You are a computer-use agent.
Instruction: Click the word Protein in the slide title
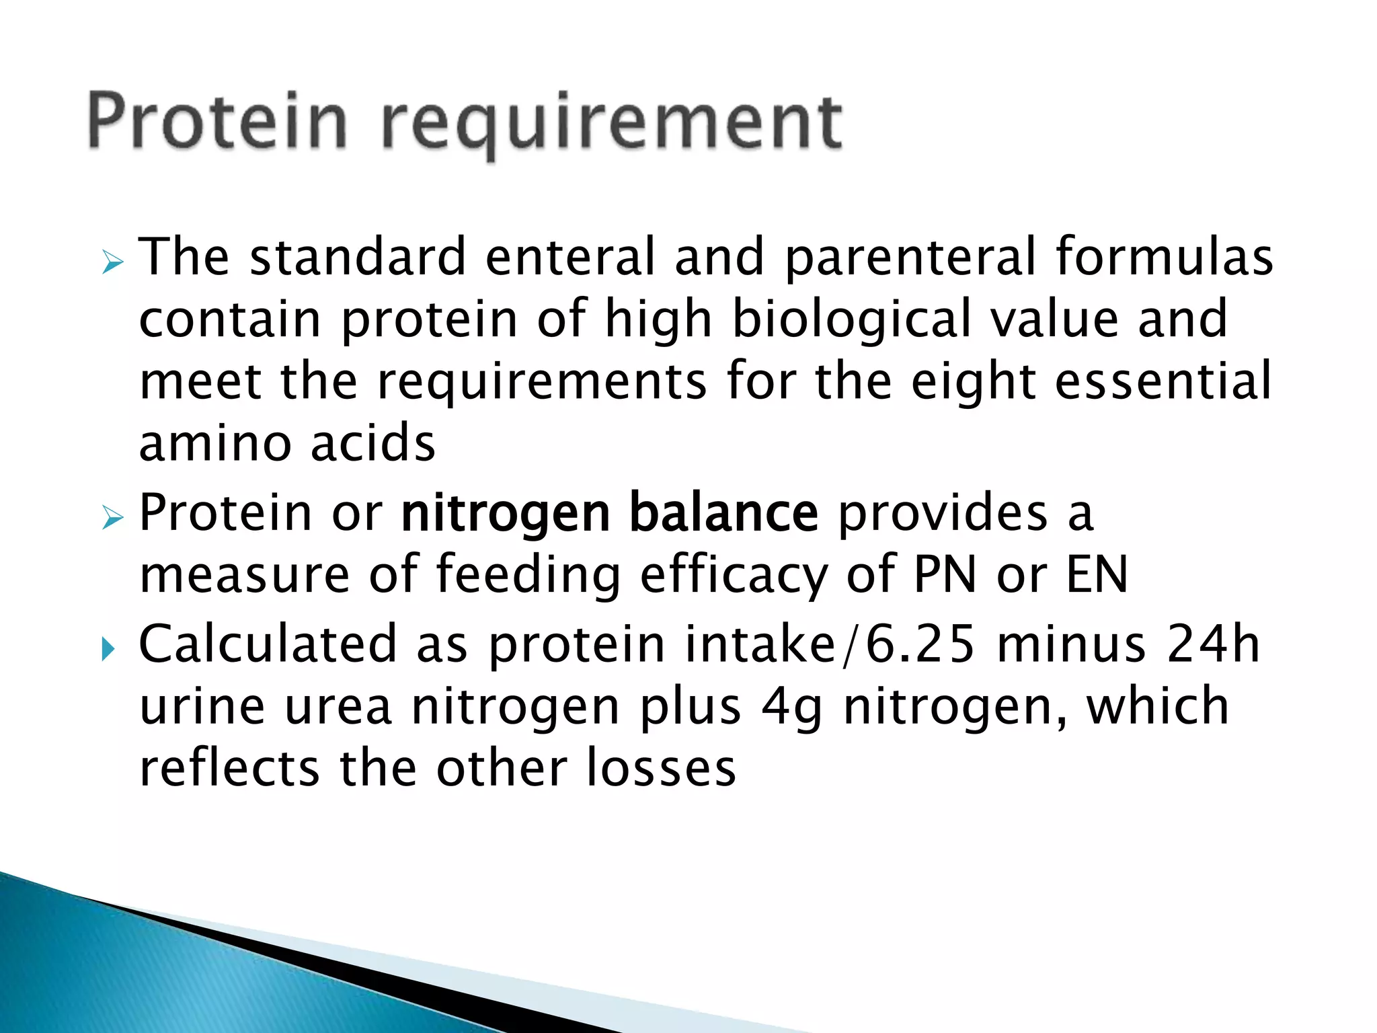pyautogui.click(x=217, y=121)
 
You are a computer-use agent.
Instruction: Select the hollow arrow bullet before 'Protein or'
pyautogui.click(x=112, y=517)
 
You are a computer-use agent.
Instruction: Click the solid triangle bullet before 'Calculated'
pyautogui.click(x=108, y=649)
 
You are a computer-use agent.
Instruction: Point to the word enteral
pyautogui.click(x=569, y=257)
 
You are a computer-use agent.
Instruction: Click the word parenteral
pyautogui.click(x=910, y=258)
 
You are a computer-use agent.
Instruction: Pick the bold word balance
pyautogui.click(x=723, y=513)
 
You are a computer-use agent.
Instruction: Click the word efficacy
pyautogui.click(x=734, y=576)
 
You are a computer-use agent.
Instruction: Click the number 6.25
pyautogui.click(x=920, y=644)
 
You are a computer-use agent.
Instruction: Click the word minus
pyautogui.click(x=1071, y=644)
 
